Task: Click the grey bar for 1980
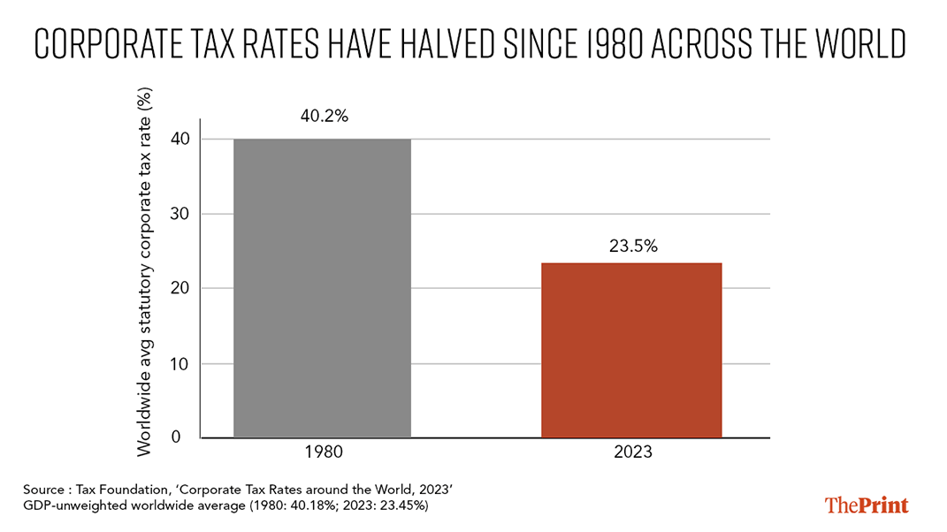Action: pos(322,288)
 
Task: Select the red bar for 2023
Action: pos(631,350)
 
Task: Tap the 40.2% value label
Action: pos(325,116)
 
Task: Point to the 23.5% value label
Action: pos(633,246)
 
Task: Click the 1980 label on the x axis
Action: pos(324,452)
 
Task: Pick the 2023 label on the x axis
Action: pos(633,452)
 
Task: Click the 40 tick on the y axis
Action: pos(180,139)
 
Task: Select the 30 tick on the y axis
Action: pos(180,214)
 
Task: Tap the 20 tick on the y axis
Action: pos(180,288)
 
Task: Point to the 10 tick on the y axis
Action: pos(180,363)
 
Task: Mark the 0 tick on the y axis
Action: pos(176,437)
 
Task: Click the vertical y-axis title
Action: pos(144,271)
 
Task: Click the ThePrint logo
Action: pos(867,505)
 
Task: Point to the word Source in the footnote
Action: pos(43,489)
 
